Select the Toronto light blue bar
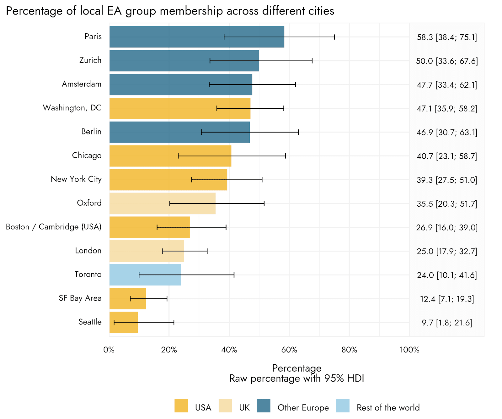(145, 275)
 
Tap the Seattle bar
(124, 322)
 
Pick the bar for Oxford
(162, 204)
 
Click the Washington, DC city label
(72, 108)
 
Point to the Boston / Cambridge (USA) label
(54, 227)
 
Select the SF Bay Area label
(80, 298)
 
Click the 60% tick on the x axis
(289, 350)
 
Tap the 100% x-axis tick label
(409, 350)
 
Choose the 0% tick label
(109, 350)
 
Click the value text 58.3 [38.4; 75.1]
(447, 37)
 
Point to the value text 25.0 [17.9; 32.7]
(447, 251)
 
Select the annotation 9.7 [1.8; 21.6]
(447, 323)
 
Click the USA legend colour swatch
(181, 405)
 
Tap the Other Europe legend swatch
(264, 405)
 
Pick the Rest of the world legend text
(388, 407)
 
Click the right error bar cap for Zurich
(312, 61)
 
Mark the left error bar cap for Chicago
(178, 156)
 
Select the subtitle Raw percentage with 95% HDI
(296, 378)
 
